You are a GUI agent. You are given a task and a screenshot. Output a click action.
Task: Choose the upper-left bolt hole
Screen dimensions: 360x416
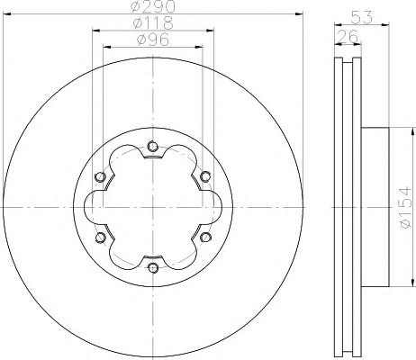(x=99, y=176)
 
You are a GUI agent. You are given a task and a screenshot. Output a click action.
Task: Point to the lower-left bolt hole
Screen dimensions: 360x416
(x=99, y=237)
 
